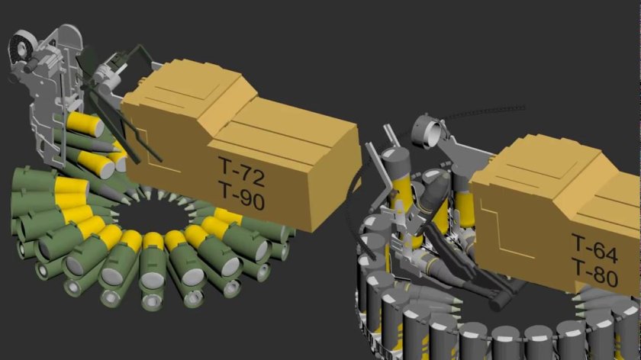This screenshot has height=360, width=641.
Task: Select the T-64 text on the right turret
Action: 594,248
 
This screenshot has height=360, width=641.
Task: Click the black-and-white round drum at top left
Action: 20,47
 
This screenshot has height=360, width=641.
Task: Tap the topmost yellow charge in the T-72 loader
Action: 85,124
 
